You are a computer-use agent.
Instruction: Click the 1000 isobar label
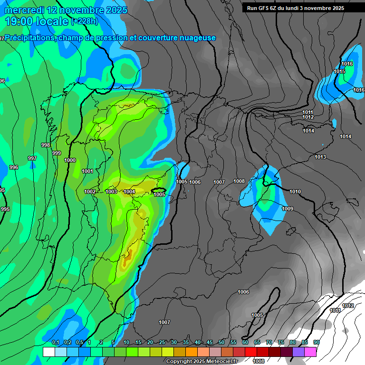(70, 161)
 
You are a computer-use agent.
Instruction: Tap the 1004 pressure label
(129, 192)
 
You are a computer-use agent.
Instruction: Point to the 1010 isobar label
(295, 192)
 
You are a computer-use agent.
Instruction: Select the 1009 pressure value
(288, 209)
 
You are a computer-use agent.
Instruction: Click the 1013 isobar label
(320, 157)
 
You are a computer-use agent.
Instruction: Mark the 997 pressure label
(32, 158)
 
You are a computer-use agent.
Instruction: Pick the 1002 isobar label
(90, 192)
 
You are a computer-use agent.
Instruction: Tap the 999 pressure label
(57, 153)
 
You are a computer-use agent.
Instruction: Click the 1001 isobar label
(87, 171)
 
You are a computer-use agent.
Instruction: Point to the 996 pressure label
(14, 167)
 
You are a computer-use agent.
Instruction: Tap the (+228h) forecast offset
(84, 21)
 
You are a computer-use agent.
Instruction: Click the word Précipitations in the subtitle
(29, 38)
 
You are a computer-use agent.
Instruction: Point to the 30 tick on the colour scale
(174, 343)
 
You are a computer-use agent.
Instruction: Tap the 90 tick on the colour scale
(317, 343)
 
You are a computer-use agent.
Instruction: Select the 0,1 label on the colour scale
(56, 343)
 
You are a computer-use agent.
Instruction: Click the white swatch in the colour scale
(48, 352)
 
